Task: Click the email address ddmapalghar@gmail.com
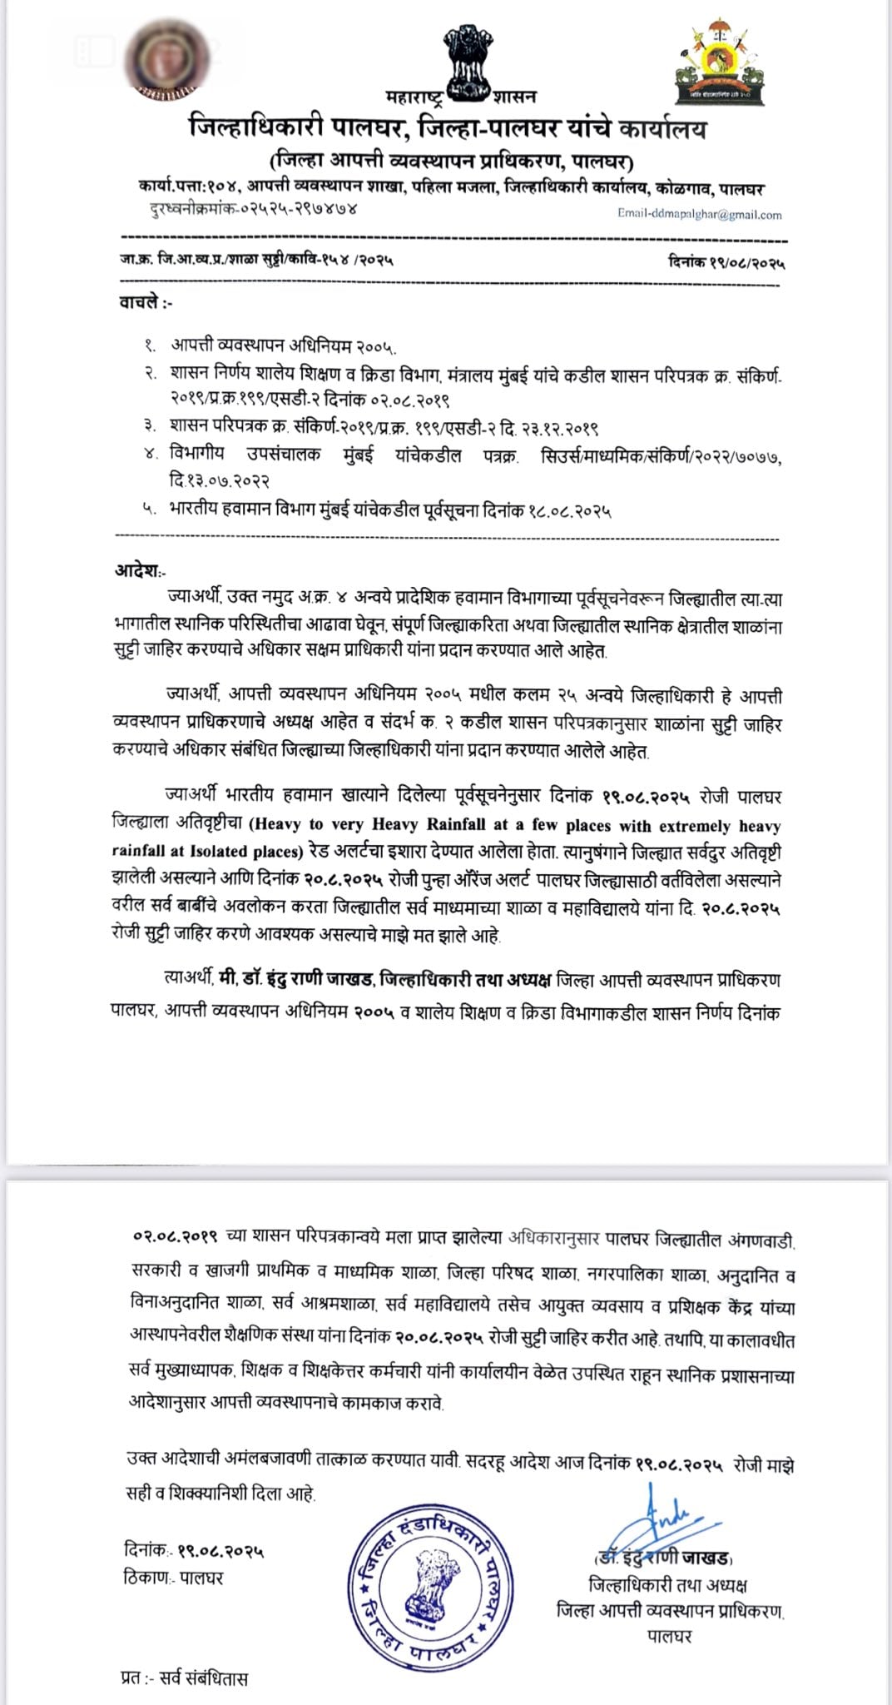[x=699, y=215]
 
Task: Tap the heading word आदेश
[x=137, y=571]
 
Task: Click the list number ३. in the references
[x=151, y=429]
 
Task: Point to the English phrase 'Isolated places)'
[x=247, y=852]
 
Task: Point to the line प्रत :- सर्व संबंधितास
[x=184, y=1678]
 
